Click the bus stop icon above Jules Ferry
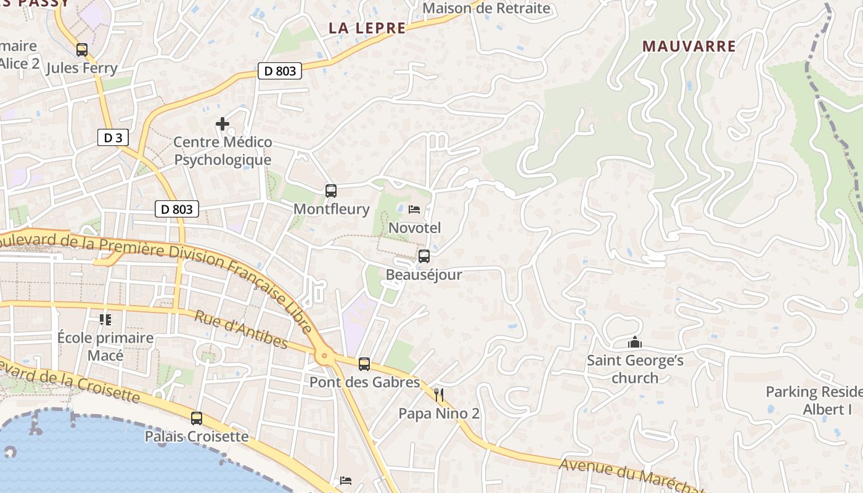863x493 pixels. [x=82, y=50]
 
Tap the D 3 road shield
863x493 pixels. [x=113, y=137]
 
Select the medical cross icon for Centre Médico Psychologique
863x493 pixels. [x=223, y=124]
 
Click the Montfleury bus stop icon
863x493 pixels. [x=331, y=191]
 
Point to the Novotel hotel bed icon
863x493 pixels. [x=414, y=210]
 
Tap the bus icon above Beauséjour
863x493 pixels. [x=424, y=256]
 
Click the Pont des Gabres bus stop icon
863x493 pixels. [x=364, y=364]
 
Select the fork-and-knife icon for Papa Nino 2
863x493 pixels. [x=439, y=395]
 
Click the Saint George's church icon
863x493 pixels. [x=635, y=342]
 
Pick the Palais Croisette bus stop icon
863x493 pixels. [x=197, y=418]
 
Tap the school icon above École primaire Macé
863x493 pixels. [x=105, y=320]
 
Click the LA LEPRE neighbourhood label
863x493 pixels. [x=367, y=28]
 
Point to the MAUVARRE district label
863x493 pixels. [x=689, y=46]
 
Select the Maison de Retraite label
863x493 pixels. [x=486, y=9]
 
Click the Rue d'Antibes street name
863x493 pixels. [x=241, y=330]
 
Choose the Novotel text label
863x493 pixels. [x=415, y=228]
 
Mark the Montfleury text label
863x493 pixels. [x=331, y=209]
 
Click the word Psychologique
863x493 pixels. [x=223, y=160]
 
